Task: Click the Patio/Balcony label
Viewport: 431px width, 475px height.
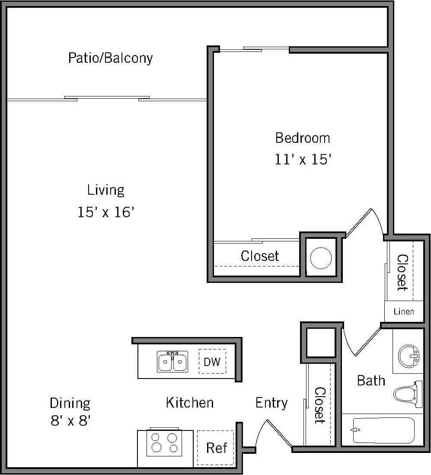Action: (110, 58)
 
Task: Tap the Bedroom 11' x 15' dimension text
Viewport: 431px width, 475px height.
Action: (303, 160)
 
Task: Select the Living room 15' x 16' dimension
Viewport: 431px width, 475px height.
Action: (106, 212)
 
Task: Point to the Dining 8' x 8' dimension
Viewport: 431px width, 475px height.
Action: (70, 420)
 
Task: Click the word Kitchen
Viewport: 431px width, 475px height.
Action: (189, 403)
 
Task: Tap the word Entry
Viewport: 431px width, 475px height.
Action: (271, 403)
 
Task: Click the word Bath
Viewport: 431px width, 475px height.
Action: (370, 381)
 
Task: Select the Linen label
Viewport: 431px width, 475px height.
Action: (404, 311)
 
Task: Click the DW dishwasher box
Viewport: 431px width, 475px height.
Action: (212, 362)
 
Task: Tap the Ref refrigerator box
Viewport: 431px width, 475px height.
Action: (216, 448)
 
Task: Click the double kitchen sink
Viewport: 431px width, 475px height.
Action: (172, 362)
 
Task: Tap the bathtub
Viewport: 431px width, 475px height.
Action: (383, 430)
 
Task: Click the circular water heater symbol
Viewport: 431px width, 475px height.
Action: (321, 258)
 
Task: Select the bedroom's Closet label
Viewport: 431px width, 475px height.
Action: (260, 256)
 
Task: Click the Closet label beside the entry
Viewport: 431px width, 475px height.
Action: (319, 405)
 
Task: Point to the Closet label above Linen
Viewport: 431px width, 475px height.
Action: (402, 272)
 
